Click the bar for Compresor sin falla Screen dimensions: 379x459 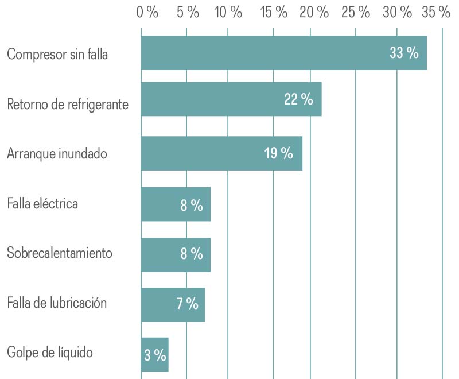[x=284, y=53]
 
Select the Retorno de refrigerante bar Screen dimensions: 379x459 [x=231, y=99]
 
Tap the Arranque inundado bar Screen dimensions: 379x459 [x=221, y=153]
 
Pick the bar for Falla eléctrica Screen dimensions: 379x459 [x=176, y=204]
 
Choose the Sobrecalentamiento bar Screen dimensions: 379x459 [x=176, y=254]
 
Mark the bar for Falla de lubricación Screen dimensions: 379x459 [x=173, y=304]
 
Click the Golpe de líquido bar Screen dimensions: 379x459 [x=154, y=354]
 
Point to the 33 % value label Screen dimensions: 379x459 [x=404, y=53]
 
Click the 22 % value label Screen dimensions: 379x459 [x=298, y=99]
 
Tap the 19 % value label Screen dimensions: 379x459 [x=279, y=154]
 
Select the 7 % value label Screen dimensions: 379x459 [x=188, y=304]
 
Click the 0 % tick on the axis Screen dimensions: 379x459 [x=147, y=13]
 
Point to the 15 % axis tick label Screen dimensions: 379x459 [x=274, y=13]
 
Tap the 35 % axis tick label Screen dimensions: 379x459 [x=436, y=13]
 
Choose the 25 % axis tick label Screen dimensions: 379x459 [x=356, y=13]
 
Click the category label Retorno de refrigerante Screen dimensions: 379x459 [x=68, y=105]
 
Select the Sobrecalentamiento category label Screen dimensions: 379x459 [x=60, y=253]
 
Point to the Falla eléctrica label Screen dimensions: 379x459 [x=42, y=203]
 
